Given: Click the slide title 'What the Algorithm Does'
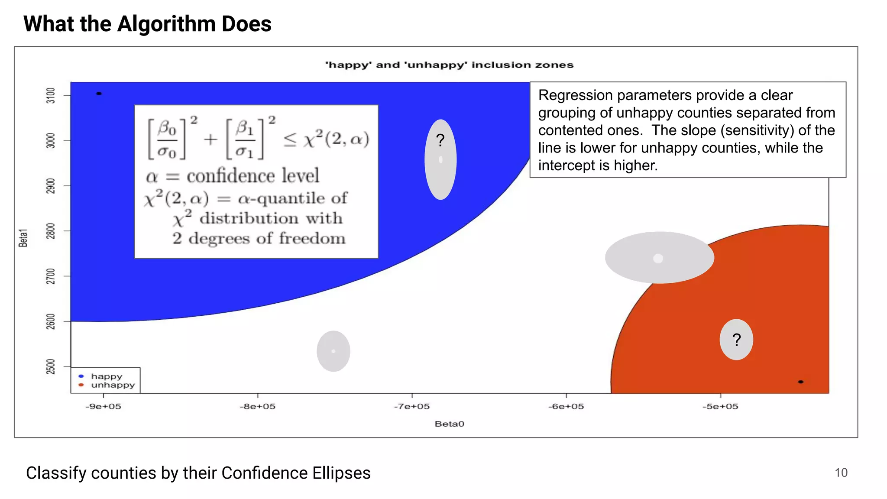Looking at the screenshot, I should point(147,24).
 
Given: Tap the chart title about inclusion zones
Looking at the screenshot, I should point(449,65).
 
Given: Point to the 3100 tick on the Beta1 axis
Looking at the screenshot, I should point(51,95).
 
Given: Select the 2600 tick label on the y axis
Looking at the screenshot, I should point(51,321).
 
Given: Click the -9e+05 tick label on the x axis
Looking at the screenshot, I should point(103,406).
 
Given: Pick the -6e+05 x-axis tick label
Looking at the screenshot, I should point(566,406).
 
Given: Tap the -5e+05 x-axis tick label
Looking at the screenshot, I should point(720,406).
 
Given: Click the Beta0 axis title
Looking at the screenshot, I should point(449,424).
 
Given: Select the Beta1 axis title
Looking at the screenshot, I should point(23,238).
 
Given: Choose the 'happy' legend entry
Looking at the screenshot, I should point(107,376).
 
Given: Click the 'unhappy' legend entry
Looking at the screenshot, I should point(113,385).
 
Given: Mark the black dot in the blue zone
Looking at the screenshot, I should point(99,94).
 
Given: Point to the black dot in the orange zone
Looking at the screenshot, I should point(801,382).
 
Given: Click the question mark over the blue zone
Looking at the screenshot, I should point(440,140).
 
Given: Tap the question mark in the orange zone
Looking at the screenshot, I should point(736,340).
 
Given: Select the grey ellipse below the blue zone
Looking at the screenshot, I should point(333,351).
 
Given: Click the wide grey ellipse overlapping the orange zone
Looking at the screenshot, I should point(659,258).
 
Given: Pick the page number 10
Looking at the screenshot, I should point(841,473).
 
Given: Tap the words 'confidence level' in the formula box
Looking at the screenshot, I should point(253,176).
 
